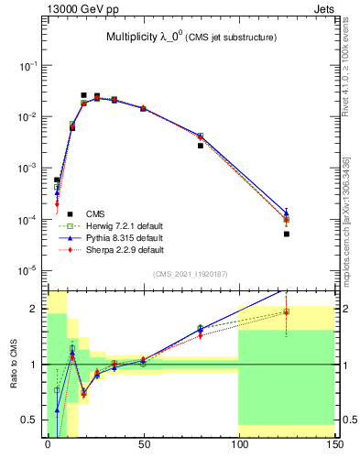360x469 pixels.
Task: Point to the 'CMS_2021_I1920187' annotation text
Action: pos(191,274)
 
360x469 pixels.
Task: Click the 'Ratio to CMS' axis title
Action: pos(13,375)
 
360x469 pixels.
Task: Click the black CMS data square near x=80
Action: pos(201,145)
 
